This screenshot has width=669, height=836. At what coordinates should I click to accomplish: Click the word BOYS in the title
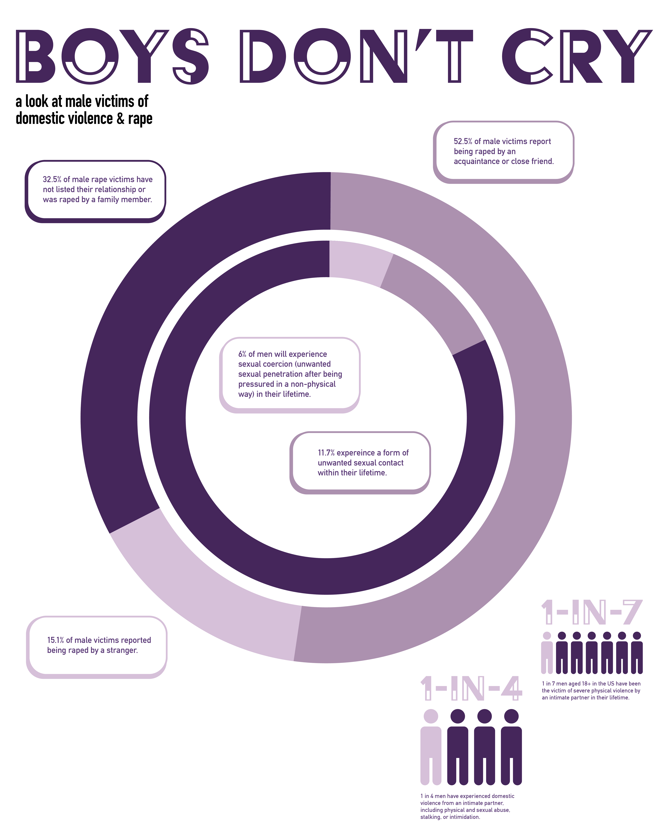(x=113, y=56)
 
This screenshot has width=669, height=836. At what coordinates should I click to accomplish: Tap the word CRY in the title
(x=577, y=56)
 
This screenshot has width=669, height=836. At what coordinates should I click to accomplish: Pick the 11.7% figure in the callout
(x=326, y=453)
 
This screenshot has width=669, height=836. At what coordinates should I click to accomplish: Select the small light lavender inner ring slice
(x=357, y=262)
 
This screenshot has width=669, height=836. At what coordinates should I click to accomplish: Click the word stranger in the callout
(x=122, y=650)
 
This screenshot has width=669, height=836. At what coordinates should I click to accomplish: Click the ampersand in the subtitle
(x=121, y=119)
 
